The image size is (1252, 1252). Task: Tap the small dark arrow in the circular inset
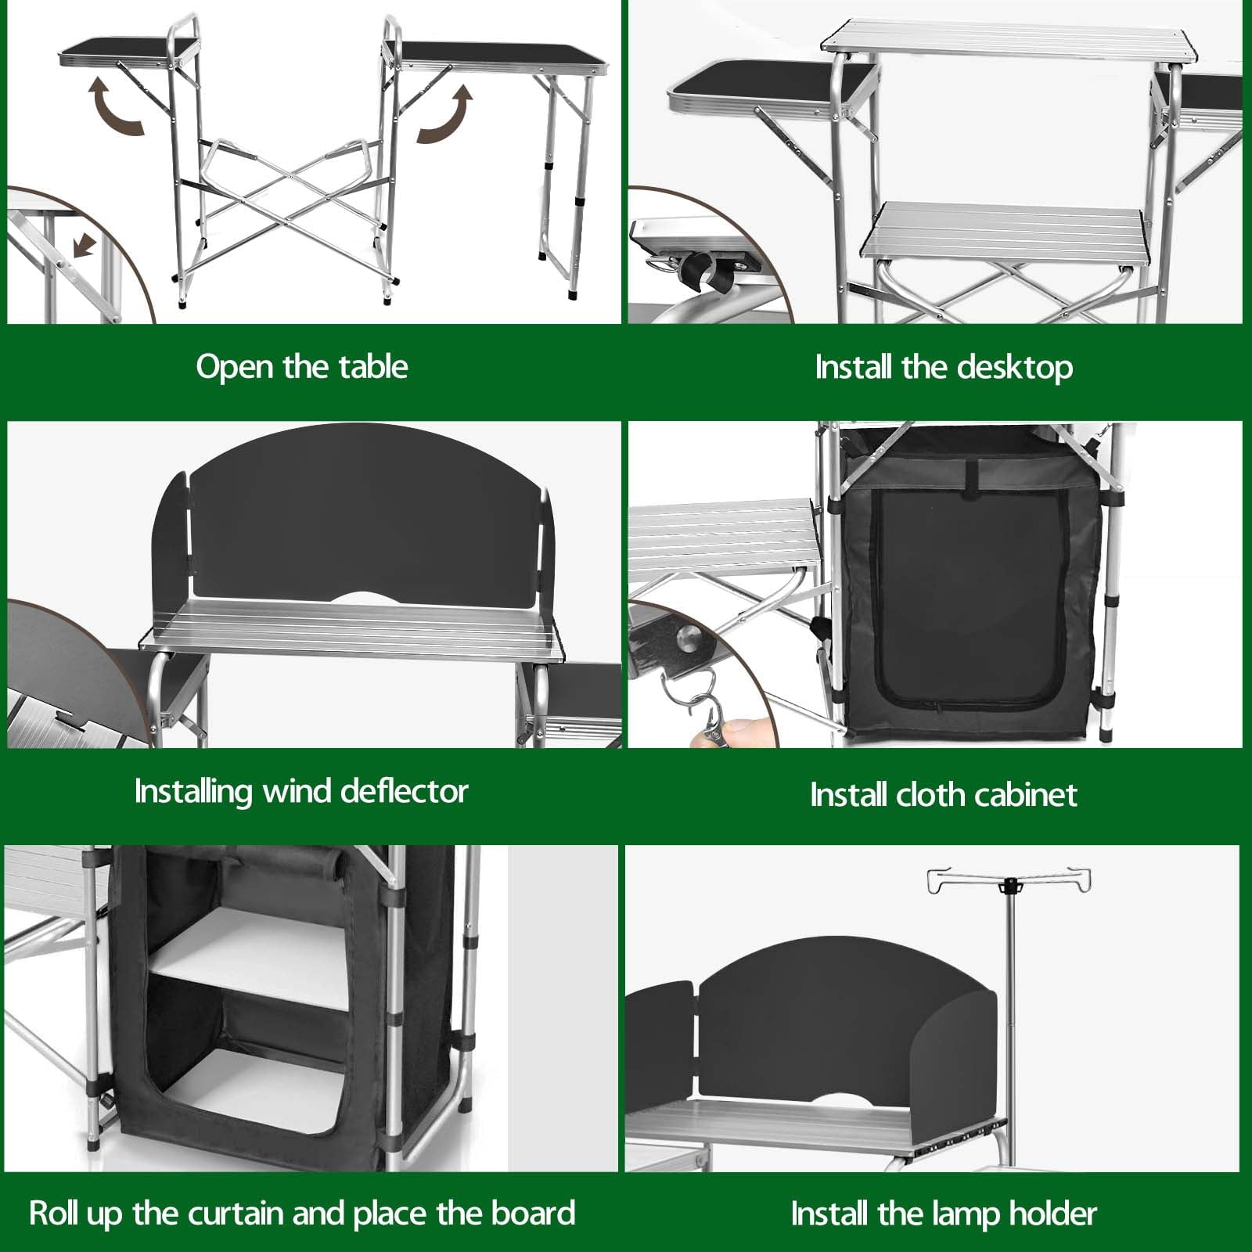click(x=84, y=247)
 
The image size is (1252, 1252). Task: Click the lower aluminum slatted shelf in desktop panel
click(x=1004, y=230)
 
